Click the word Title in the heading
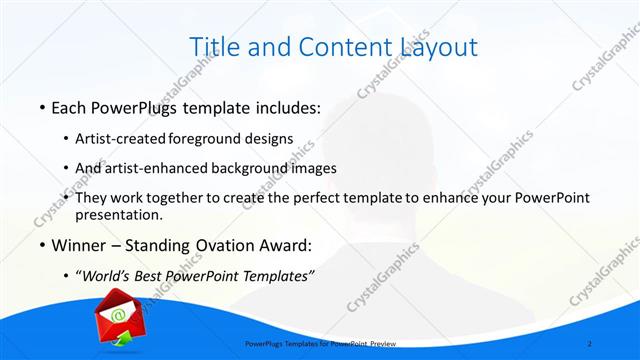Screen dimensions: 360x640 point(214,46)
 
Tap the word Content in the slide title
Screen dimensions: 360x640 point(327,46)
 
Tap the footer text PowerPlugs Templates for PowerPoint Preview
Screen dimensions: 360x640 point(320,343)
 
